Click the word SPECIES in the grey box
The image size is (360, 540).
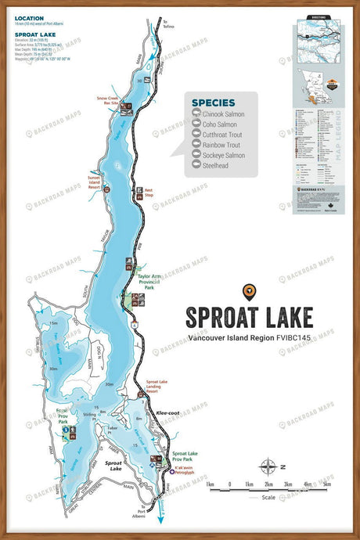pos(214,101)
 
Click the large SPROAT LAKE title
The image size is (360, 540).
pos(249,317)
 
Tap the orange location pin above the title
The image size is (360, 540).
pos(249,292)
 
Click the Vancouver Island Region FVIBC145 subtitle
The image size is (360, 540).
pos(249,339)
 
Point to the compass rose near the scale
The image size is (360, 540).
pos(267,467)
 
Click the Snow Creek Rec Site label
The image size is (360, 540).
pos(108,101)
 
